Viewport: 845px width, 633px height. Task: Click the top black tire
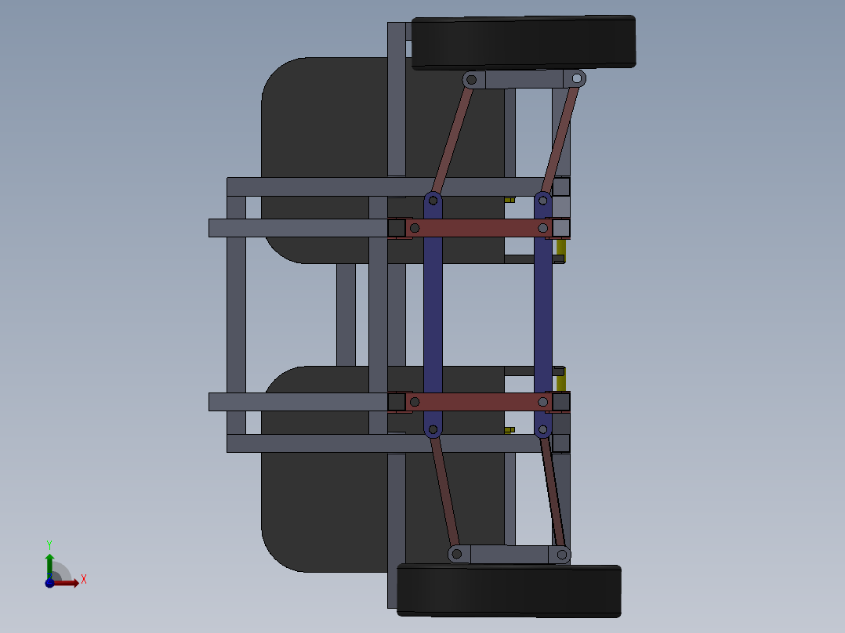[523, 42]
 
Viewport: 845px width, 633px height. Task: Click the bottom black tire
[510, 589]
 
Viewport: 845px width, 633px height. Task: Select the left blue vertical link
[433, 313]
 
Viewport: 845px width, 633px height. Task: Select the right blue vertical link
[543, 313]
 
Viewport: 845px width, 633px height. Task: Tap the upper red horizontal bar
[478, 228]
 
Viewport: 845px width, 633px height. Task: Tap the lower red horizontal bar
[478, 402]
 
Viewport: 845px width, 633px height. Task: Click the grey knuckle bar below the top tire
[523, 79]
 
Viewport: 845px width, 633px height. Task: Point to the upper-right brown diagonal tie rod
[560, 137]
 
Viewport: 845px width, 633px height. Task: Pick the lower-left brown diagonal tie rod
[444, 490]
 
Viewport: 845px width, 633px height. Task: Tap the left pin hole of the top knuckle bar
[471, 79]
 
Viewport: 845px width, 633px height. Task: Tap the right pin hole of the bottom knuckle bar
[562, 555]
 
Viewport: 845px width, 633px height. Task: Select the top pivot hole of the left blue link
[433, 201]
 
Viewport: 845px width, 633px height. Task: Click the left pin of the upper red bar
[415, 228]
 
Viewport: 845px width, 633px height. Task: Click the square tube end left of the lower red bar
[397, 402]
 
